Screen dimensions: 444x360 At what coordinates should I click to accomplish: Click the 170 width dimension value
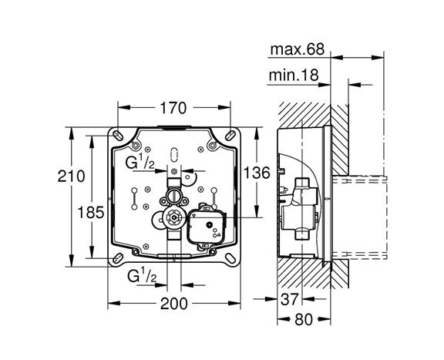[x=173, y=108]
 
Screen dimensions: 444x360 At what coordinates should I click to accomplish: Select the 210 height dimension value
[x=72, y=177]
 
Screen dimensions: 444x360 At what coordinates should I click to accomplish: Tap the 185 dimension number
[x=91, y=212]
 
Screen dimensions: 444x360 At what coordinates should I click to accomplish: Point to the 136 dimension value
[x=257, y=173]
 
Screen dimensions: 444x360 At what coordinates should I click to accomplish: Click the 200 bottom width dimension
[x=174, y=304]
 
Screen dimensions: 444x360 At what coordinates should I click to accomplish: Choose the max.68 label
[x=298, y=49]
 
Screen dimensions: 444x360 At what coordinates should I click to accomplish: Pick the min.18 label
[x=294, y=75]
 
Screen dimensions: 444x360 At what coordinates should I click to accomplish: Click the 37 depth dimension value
[x=290, y=299]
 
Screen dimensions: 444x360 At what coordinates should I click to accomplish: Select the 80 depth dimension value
[x=304, y=319]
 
